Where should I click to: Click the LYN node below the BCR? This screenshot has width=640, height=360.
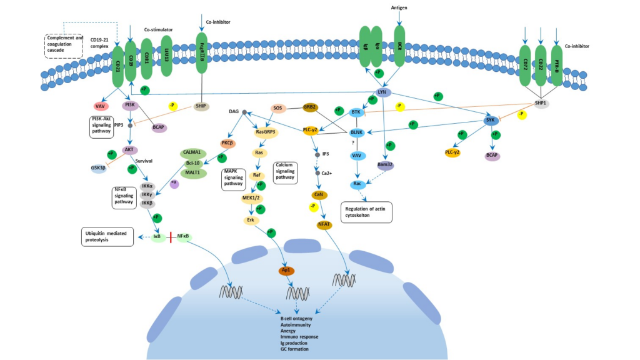383,92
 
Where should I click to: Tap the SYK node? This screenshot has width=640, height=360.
491,119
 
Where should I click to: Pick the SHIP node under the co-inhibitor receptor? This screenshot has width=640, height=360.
201,106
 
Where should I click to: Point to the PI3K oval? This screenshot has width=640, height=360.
130,105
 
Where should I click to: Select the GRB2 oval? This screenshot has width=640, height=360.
311,107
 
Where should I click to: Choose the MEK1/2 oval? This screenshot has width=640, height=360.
251,198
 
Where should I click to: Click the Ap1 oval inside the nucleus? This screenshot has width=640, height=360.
286,271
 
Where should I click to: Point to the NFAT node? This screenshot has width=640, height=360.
324,225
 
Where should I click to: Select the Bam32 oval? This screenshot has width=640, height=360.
384,165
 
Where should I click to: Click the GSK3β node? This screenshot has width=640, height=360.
99,169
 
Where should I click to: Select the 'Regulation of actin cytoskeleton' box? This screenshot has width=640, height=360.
366,212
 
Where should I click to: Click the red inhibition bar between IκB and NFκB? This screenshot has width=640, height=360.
170,237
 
